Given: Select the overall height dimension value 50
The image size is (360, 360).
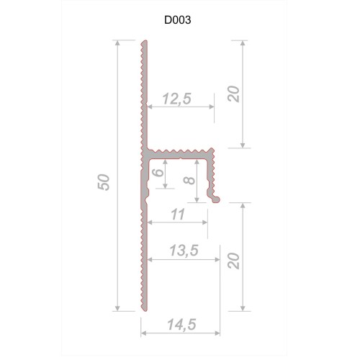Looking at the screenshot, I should coord(106,182).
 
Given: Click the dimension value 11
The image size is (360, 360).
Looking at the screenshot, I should coord(177,214).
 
